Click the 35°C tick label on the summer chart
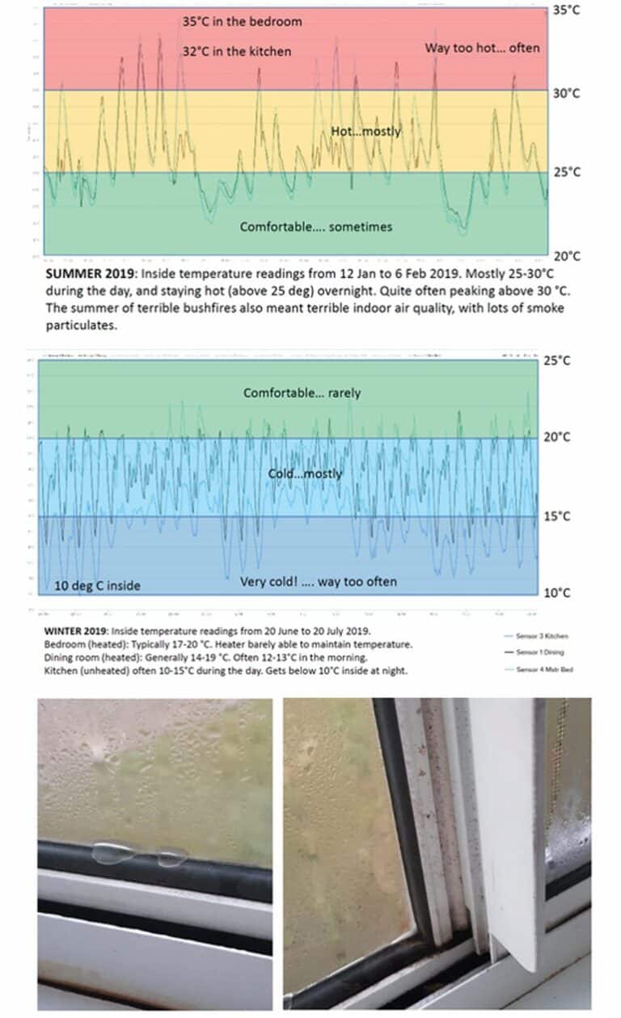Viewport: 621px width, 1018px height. tap(566, 10)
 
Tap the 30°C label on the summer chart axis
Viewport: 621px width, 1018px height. tap(566, 94)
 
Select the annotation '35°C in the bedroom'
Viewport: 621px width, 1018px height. tap(242, 22)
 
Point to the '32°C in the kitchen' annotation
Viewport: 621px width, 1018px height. tap(236, 51)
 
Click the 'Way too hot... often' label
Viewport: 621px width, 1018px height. tap(482, 48)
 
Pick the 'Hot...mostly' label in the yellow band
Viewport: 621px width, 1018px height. tap(365, 131)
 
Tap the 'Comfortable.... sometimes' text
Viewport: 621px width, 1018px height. tap(315, 227)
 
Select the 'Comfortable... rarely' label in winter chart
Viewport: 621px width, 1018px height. tap(302, 393)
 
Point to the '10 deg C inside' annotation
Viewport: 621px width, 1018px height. tap(97, 586)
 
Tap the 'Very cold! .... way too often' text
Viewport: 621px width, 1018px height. tap(318, 582)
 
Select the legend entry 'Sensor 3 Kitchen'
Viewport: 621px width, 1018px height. tap(544, 636)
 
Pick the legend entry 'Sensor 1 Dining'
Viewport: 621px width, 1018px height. tap(543, 651)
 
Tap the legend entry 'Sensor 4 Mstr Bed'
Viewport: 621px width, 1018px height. tap(546, 669)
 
